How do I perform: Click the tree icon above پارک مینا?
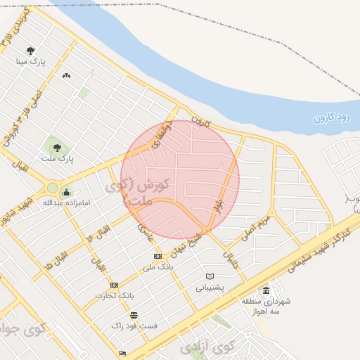coord(30,51)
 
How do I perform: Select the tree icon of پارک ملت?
coord(56,148)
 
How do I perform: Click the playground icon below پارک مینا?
coord(67,75)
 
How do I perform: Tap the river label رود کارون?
coord(332,116)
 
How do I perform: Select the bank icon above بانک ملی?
coord(157,256)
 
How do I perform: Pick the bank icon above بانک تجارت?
coord(114,285)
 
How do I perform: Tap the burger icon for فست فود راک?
coord(134,315)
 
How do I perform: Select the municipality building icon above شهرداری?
coord(265,290)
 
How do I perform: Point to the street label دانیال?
coord(231,261)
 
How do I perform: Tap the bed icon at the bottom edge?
coord(123,353)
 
